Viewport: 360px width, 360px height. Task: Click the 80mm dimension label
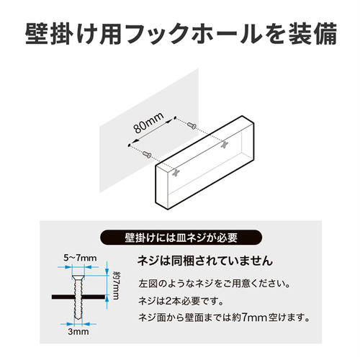tap(149, 123)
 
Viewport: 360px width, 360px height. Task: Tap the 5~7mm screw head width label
tap(80, 258)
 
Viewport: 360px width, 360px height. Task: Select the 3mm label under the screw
tap(78, 332)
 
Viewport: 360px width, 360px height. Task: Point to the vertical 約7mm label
tap(116, 285)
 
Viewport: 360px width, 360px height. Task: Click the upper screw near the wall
tap(192, 125)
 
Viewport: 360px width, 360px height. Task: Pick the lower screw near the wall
tap(147, 154)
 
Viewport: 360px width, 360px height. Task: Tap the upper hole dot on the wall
tap(174, 117)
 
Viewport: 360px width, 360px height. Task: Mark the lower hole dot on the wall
tap(129, 145)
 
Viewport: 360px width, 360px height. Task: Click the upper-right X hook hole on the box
tap(225, 144)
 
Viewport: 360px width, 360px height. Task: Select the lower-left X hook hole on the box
tap(176, 173)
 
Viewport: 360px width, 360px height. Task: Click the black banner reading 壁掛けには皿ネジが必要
tap(181, 238)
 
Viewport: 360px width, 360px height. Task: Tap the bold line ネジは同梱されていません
tap(205, 261)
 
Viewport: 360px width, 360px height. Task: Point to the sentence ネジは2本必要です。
tap(181, 301)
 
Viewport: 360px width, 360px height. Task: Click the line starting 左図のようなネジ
tap(215, 284)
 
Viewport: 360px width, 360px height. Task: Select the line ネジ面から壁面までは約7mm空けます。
tap(224, 318)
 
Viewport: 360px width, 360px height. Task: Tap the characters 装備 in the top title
tap(312, 34)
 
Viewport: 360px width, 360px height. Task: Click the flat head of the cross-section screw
tap(78, 277)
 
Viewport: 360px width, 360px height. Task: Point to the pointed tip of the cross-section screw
tap(77, 318)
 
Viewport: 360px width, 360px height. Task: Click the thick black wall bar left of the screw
tap(63, 297)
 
